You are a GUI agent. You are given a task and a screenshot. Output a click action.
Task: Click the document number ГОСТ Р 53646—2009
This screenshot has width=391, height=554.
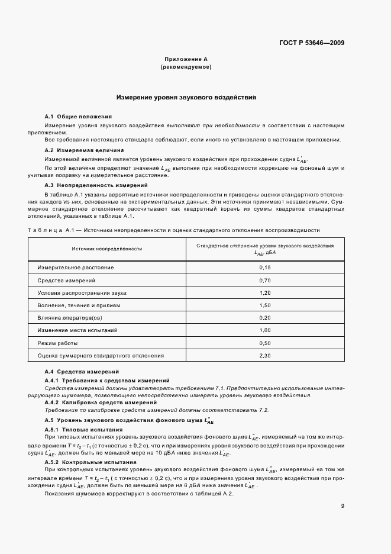click(312, 43)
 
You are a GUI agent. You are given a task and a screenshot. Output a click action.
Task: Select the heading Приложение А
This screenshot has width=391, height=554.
click(186, 60)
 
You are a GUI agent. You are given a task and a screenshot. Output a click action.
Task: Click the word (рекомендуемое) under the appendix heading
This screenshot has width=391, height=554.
click(186, 67)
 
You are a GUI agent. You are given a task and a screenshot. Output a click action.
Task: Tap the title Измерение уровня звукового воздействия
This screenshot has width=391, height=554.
click(186, 97)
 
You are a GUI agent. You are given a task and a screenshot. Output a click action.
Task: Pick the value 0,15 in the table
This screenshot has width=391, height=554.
click(264, 268)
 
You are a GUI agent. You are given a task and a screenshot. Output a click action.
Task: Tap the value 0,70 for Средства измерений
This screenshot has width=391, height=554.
click(264, 280)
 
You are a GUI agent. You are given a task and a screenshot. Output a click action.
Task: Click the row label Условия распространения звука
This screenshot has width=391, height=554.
click(82, 293)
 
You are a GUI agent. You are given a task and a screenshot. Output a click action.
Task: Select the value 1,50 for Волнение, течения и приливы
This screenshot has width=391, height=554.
click(264, 305)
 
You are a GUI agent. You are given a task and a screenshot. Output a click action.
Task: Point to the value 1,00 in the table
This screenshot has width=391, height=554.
click(264, 330)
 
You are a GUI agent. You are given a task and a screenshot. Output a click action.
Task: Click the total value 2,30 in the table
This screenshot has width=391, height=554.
click(264, 356)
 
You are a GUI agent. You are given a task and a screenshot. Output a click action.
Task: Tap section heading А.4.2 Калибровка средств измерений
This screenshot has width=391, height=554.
click(92, 402)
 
